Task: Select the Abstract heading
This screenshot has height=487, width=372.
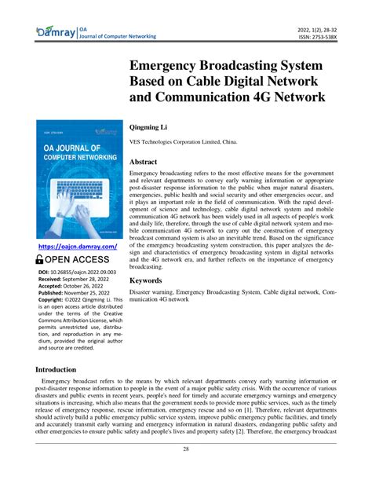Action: click(149, 162)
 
